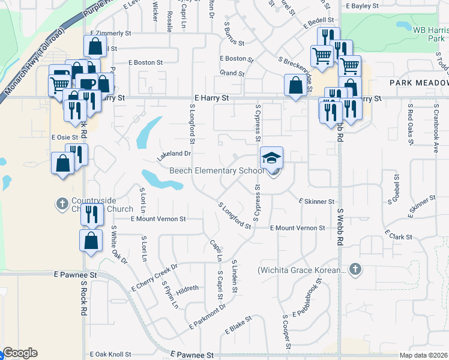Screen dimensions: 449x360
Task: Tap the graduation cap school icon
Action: tap(271, 158)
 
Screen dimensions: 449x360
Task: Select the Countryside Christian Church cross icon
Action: tap(61, 204)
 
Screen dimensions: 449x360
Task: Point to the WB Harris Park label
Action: tap(428, 33)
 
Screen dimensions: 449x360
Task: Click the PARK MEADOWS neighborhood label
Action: tap(418, 82)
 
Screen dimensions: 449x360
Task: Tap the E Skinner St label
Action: tap(316, 202)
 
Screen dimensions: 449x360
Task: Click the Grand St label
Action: tap(232, 73)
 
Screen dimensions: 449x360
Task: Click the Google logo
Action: tap(20, 353)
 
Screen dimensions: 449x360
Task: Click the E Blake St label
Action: tap(238, 326)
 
